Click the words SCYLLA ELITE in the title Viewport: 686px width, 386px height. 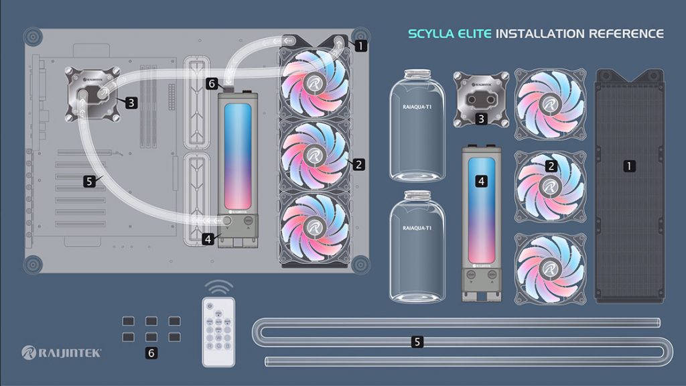coord(450,34)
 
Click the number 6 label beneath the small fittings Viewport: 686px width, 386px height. coord(152,352)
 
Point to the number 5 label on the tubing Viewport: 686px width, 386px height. coord(417,342)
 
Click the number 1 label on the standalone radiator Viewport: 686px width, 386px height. coord(629,165)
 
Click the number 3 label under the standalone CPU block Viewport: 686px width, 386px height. coord(481,119)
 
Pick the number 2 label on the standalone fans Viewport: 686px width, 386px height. coord(551,166)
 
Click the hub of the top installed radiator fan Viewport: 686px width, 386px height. coord(312,82)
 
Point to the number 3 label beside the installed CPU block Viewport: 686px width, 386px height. coord(131,103)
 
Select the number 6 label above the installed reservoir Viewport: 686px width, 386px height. coord(212,84)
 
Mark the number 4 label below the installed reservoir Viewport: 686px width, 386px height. coord(209,237)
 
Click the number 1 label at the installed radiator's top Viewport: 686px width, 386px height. coord(360,46)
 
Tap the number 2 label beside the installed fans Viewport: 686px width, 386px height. coord(359,164)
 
